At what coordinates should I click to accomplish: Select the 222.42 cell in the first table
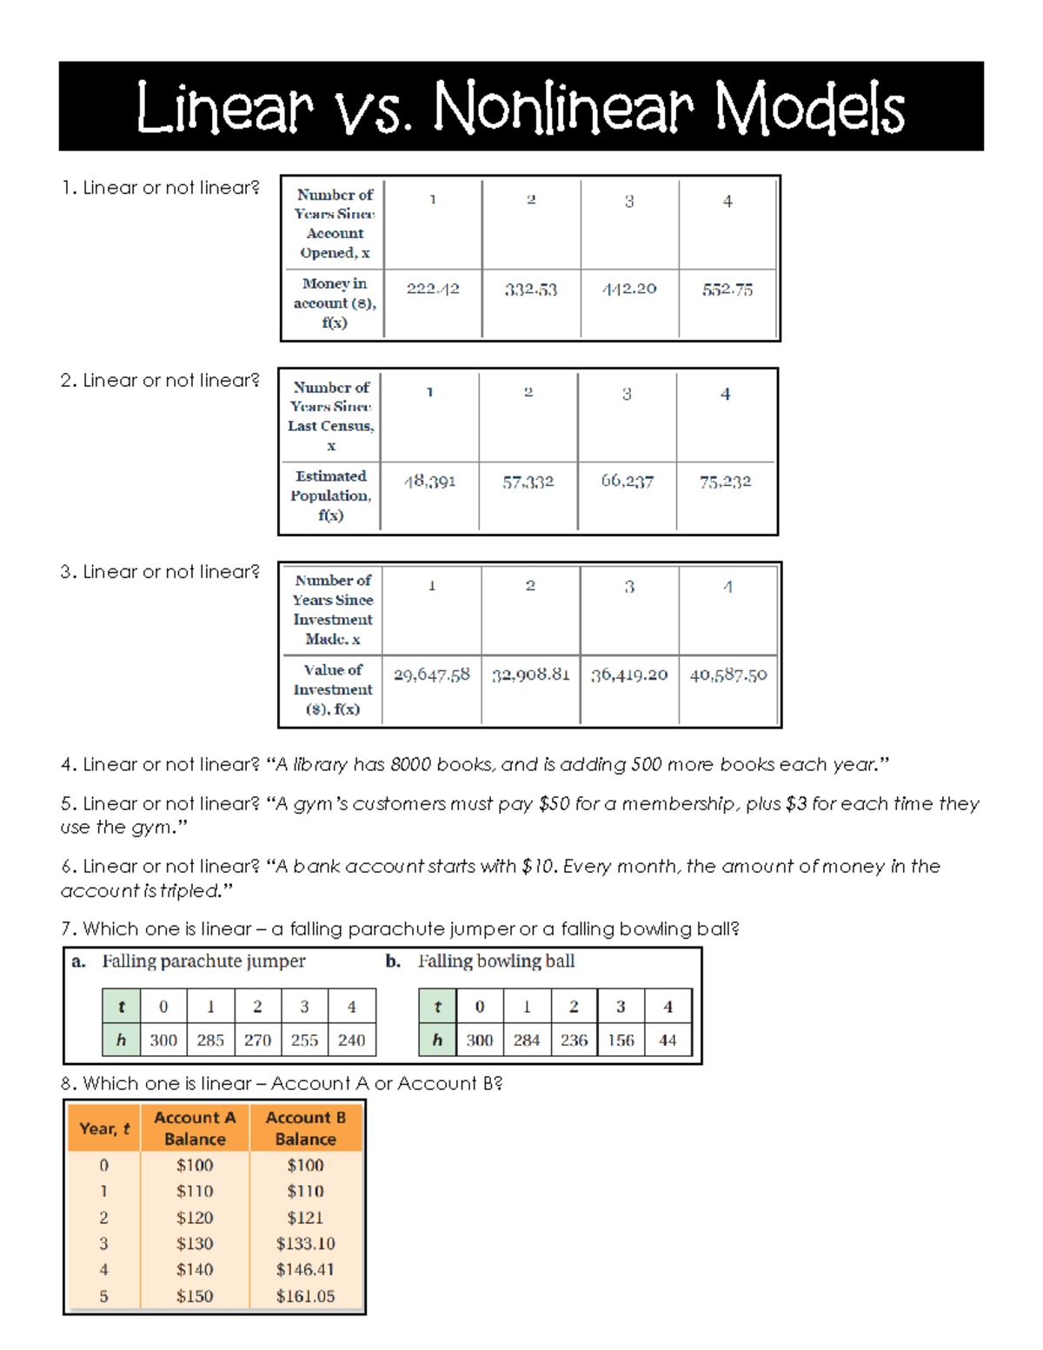[x=433, y=289]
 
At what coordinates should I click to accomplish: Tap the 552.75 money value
[x=727, y=289]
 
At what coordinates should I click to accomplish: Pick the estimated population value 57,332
[x=528, y=482]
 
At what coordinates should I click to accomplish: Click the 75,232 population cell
[x=725, y=482]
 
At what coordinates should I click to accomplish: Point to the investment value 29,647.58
[x=431, y=675]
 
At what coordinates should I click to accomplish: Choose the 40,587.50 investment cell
[x=728, y=675]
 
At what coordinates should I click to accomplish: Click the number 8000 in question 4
[x=410, y=765]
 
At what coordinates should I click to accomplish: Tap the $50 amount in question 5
[x=555, y=804]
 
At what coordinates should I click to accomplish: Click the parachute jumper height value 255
[x=304, y=1041]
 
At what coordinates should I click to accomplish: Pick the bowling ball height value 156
[x=621, y=1041]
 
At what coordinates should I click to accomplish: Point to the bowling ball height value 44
[x=668, y=1041]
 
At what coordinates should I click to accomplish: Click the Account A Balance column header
[x=195, y=1128]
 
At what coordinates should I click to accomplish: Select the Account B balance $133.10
[x=305, y=1244]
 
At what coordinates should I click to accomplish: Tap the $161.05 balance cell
[x=305, y=1296]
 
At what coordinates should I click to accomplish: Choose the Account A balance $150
[x=195, y=1296]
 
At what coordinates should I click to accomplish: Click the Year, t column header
[x=104, y=1128]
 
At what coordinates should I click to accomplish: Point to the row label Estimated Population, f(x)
[x=330, y=495]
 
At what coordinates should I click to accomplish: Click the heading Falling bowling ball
[x=495, y=961]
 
